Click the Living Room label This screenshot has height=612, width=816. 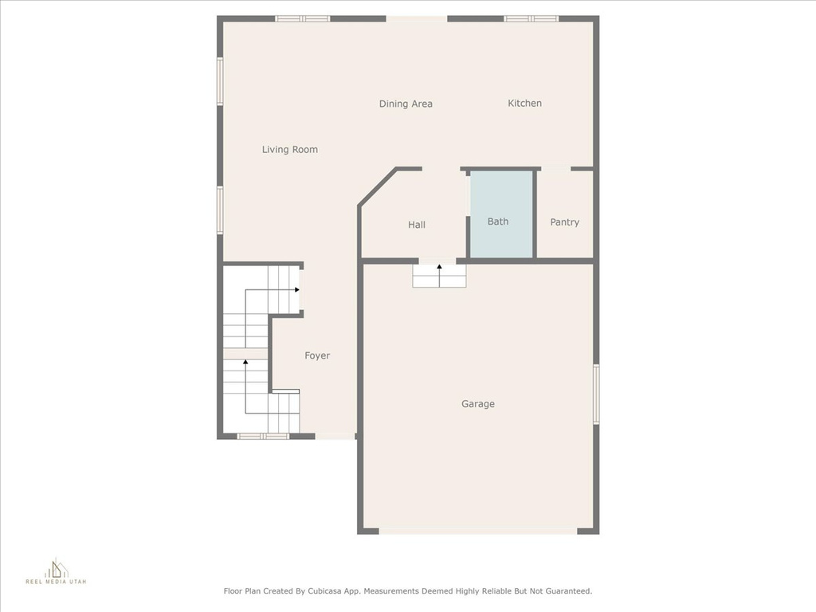click(290, 149)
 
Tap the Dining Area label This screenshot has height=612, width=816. click(406, 104)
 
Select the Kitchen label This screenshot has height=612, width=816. click(524, 103)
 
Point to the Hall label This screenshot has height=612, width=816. click(416, 225)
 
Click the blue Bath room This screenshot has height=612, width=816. click(501, 214)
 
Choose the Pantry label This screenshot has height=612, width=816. click(565, 222)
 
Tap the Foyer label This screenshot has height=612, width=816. click(317, 355)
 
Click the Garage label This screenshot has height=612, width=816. click(478, 404)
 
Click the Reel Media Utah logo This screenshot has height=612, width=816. click(57, 571)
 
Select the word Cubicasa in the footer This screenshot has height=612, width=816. click(325, 591)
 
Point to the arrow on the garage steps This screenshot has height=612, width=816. click(439, 275)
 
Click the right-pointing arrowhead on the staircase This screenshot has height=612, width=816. click(297, 290)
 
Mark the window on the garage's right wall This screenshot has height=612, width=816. click(596, 394)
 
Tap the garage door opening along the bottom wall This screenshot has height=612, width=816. click(478, 531)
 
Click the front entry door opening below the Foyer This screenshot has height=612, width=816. click(335, 436)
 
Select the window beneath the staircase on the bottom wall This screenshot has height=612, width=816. click(263, 436)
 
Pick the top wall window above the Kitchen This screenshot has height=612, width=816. click(531, 19)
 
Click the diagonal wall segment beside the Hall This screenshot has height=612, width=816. click(378, 187)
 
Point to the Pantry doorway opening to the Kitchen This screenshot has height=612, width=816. click(555, 169)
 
